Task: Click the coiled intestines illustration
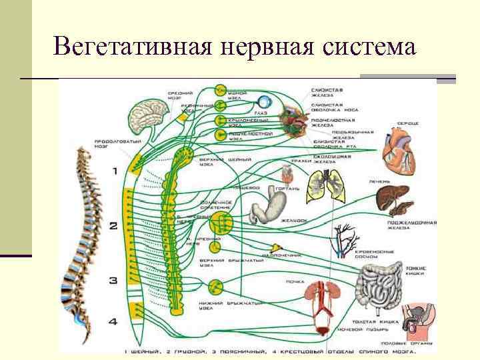(380, 286)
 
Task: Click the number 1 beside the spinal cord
(114, 171)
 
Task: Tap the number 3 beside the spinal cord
(113, 280)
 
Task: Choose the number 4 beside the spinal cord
(113, 322)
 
